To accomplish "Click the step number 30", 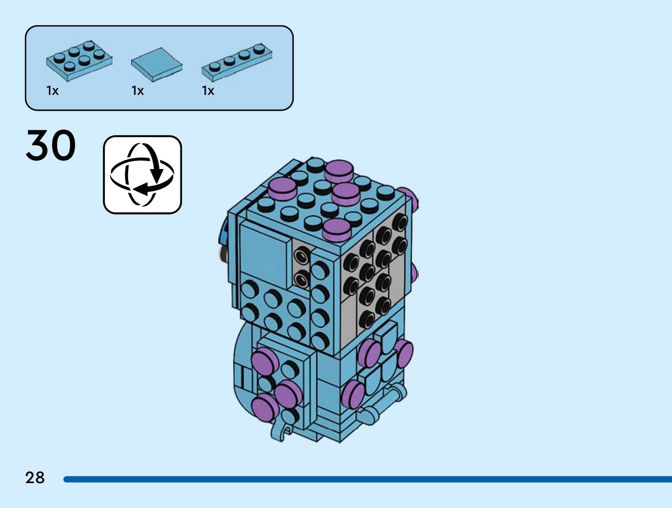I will [x=51, y=145].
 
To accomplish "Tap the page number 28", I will [x=35, y=478].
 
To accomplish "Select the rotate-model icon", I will [x=142, y=175].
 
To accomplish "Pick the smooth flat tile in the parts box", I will [x=156, y=64].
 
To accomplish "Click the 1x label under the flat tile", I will [x=137, y=91].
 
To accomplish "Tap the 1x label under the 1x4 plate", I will [x=208, y=91].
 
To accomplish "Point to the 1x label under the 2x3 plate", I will [x=52, y=91].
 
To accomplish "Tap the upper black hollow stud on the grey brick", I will [x=301, y=255].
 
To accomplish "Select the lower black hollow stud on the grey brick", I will [x=301, y=279].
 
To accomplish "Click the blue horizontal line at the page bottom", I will [x=367, y=479].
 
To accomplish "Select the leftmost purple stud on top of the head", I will [x=282, y=188].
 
